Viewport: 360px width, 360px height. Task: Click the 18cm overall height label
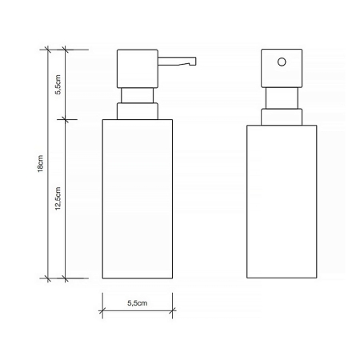[x=40, y=164]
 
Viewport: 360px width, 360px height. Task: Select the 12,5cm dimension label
[x=58, y=198]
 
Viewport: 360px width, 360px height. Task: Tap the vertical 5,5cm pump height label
[x=58, y=85]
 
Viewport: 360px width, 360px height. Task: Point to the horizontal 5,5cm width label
[x=138, y=303]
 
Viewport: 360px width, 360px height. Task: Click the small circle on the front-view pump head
[x=282, y=62]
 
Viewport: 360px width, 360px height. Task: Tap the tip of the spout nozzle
[x=195, y=61]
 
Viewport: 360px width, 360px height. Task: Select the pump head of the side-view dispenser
[x=138, y=69]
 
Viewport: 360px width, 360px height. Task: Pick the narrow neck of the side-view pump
[x=138, y=95]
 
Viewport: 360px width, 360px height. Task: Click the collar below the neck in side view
[x=138, y=111]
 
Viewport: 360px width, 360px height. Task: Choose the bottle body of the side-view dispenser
[x=138, y=199]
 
